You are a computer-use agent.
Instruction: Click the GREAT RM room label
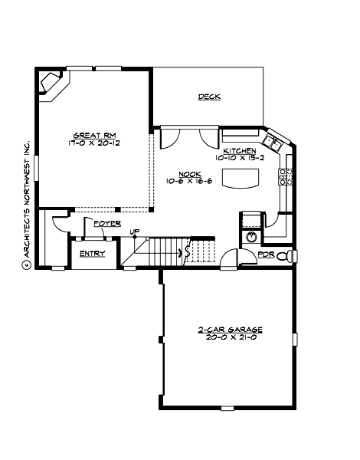click(89, 133)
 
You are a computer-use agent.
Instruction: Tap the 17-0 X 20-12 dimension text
click(89, 142)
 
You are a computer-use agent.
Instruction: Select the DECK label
click(209, 97)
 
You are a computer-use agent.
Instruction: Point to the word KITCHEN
click(239, 152)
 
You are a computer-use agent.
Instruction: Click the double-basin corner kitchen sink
click(273, 141)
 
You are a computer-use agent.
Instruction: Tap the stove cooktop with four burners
click(287, 176)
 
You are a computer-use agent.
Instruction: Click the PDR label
click(266, 254)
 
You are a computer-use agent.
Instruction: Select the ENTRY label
click(92, 254)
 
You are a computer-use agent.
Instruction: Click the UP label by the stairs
click(134, 232)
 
